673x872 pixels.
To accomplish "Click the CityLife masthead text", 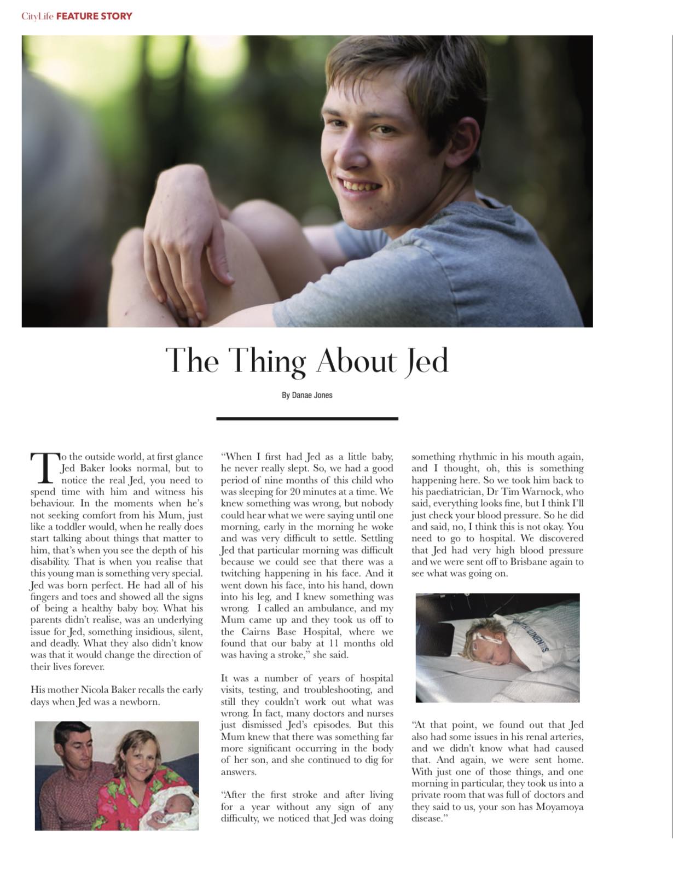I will (37, 16).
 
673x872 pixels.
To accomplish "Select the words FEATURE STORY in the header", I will (94, 16).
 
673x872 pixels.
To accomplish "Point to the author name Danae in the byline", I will (302, 395).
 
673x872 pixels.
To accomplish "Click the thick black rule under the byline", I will (307, 418).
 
